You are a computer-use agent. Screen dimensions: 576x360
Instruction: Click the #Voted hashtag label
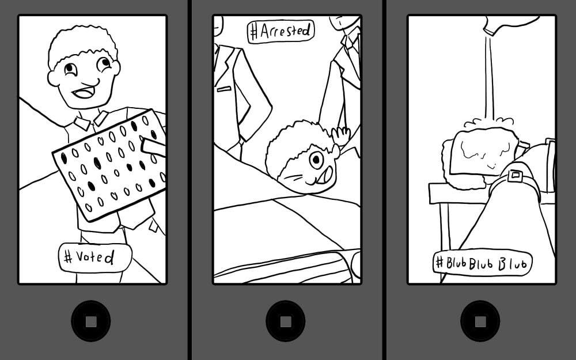(x=95, y=257)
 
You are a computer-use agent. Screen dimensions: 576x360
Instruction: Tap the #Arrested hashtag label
(x=281, y=31)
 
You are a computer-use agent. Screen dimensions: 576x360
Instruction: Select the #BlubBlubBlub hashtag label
(x=482, y=262)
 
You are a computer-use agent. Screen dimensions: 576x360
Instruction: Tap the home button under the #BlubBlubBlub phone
(x=480, y=321)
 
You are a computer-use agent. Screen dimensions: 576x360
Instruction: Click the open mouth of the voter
(x=84, y=92)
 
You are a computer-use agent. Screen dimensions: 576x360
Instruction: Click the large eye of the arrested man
(x=316, y=160)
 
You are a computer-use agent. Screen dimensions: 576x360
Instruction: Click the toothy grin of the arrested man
(x=324, y=176)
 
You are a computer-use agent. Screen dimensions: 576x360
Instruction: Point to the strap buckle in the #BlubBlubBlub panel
(x=515, y=176)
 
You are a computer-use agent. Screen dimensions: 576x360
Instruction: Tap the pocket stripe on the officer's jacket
(x=224, y=89)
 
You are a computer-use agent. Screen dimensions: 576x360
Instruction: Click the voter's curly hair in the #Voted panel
(x=82, y=45)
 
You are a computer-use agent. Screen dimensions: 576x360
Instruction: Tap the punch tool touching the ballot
(x=153, y=147)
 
